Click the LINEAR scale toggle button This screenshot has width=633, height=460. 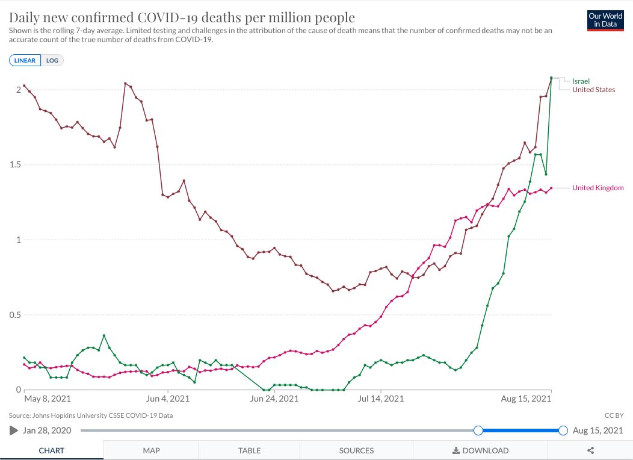[x=25, y=60]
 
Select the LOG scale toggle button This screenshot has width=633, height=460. [x=52, y=60]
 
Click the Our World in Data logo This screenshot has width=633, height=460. [x=605, y=20]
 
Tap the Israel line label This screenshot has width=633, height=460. [x=581, y=81]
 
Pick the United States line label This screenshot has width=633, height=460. [x=593, y=90]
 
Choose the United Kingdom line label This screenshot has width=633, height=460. [x=597, y=188]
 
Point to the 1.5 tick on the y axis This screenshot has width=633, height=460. [x=12, y=165]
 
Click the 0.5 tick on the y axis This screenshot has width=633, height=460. [x=12, y=315]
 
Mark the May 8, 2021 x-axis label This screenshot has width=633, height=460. [x=48, y=399]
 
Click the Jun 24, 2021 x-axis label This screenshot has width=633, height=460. [x=274, y=399]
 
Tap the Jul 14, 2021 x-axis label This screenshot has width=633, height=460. [x=381, y=399]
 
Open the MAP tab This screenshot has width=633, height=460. [x=151, y=450]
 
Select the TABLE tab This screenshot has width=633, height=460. [x=249, y=450]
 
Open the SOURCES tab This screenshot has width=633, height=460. [x=356, y=450]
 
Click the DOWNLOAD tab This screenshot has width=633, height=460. [x=480, y=450]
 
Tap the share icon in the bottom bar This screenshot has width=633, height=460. [x=590, y=450]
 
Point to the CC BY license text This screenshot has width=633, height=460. [x=614, y=415]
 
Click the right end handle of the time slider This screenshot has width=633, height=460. [x=563, y=430]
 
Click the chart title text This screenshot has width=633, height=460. [x=182, y=17]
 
